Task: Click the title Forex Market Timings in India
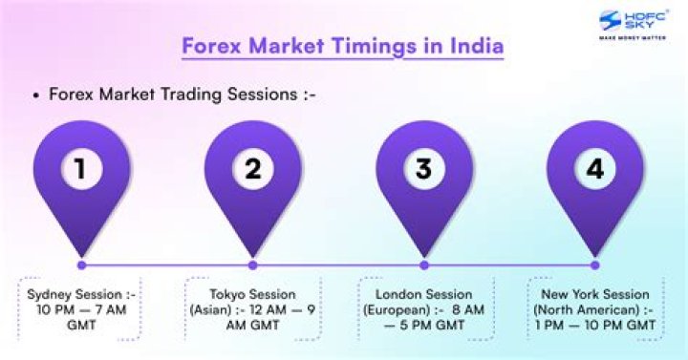343,46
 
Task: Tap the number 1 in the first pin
81,169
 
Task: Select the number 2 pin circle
252,169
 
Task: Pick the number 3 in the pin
423,169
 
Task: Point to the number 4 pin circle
594,169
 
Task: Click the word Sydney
51,294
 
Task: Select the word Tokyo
231,294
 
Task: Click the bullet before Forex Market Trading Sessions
35,95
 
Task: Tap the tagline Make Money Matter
632,39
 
